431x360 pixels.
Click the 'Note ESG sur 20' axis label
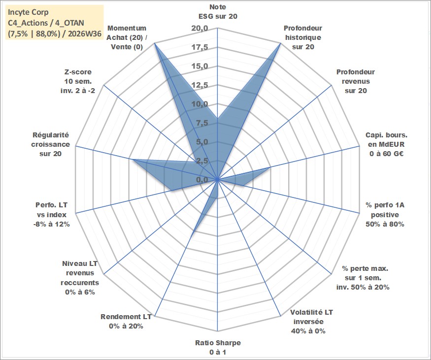point(218,11)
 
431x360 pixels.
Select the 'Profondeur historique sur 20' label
point(303,37)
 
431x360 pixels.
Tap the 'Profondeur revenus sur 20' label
point(356,81)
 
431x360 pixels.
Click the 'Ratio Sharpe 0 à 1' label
point(218,347)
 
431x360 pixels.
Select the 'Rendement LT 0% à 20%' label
point(126,321)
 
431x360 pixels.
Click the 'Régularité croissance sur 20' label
point(50,144)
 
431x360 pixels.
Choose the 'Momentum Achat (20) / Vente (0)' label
point(127,37)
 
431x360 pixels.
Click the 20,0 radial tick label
point(200,28)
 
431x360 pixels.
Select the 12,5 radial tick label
point(200,85)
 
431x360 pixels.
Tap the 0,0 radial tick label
point(202,180)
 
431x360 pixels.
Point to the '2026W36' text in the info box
point(85,34)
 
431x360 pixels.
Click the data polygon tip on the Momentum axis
point(155,43)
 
